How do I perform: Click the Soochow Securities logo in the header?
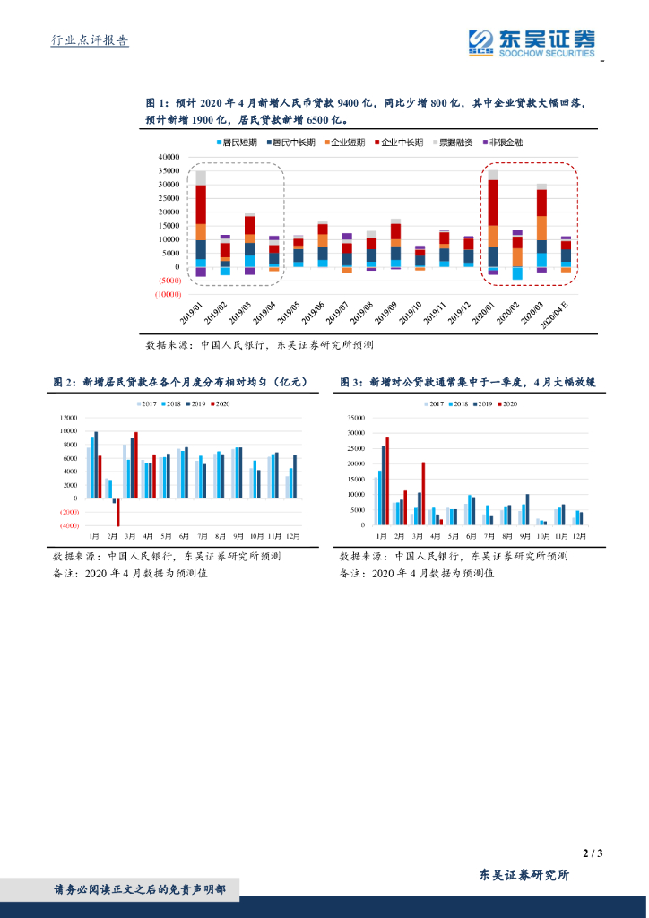click(531, 42)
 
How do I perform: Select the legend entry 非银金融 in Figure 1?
click(505, 143)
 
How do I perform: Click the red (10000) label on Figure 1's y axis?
click(168, 295)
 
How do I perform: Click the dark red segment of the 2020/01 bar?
click(493, 203)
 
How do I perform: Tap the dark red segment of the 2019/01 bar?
click(201, 204)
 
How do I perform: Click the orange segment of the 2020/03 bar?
click(541, 228)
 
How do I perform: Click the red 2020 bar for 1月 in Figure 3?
click(387, 481)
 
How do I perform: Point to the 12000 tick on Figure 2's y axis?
click(68, 418)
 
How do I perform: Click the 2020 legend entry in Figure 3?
click(508, 404)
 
